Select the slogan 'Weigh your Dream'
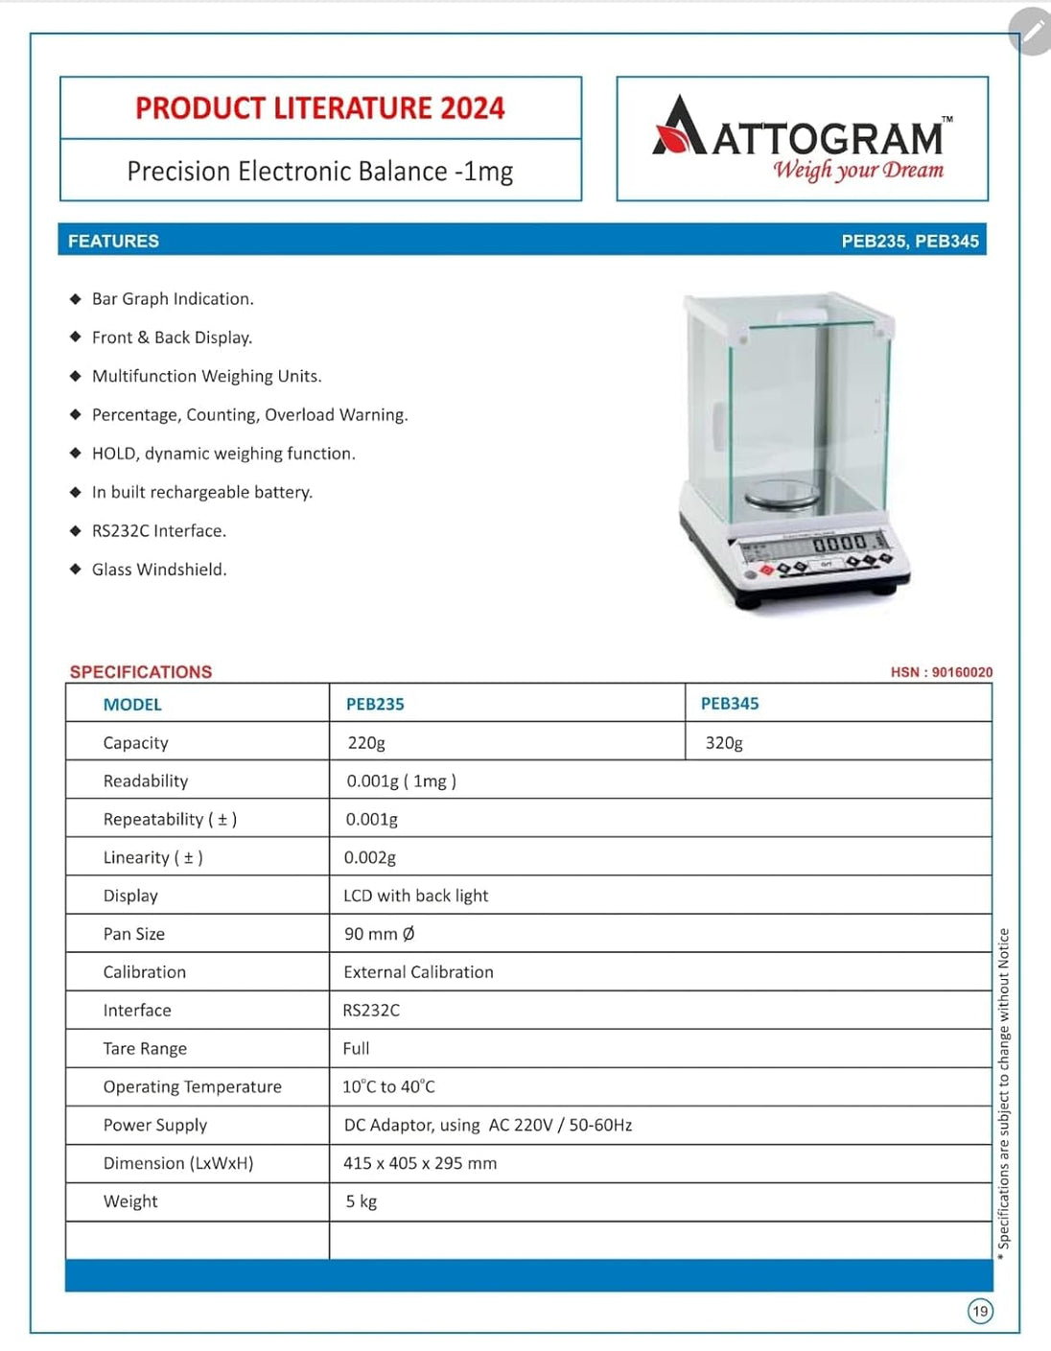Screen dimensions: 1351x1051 click(x=858, y=171)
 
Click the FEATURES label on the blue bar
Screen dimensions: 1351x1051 click(x=113, y=241)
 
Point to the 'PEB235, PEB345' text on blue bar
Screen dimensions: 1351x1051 click(x=909, y=241)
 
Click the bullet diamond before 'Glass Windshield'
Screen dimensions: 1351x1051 click(x=76, y=569)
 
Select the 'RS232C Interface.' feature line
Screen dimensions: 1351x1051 click(x=159, y=530)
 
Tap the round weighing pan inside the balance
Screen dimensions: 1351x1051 click(x=782, y=496)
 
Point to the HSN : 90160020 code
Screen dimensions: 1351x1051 click(x=941, y=672)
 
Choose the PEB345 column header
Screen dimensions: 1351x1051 click(x=729, y=703)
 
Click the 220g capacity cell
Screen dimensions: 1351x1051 click(x=366, y=742)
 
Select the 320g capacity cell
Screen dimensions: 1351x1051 click(x=724, y=742)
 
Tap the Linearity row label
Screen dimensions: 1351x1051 click(x=152, y=857)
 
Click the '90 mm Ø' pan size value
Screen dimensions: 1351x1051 click(x=379, y=933)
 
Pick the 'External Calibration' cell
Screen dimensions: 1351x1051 click(x=418, y=971)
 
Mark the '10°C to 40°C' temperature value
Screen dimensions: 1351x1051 click(x=388, y=1086)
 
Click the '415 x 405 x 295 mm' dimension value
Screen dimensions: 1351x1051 click(x=420, y=1163)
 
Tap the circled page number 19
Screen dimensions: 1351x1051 click(x=980, y=1311)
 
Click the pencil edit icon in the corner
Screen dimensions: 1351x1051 click(x=1032, y=32)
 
